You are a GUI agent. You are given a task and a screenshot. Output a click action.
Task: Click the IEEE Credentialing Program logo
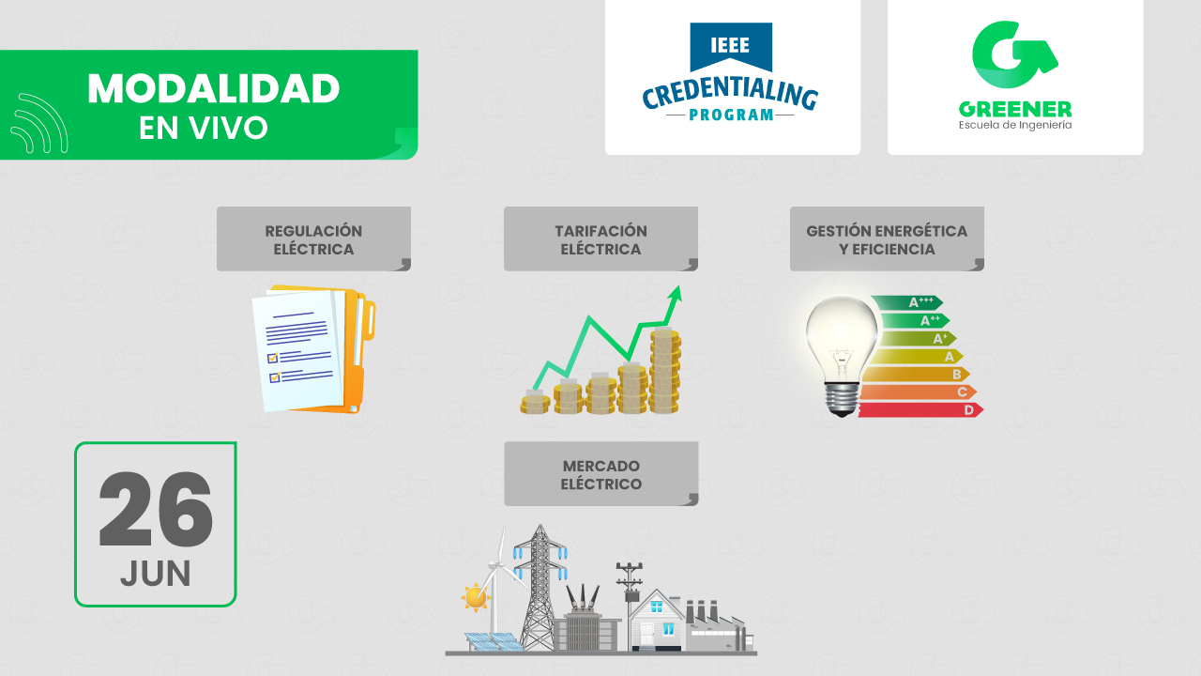pos(731,75)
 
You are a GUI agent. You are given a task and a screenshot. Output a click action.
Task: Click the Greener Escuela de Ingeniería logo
pos(1014,75)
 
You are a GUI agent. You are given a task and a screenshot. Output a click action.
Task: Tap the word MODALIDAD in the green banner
pos(213,89)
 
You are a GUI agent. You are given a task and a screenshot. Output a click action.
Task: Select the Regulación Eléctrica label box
pos(313,239)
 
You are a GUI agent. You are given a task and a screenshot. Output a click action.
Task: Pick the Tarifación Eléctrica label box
pos(600,239)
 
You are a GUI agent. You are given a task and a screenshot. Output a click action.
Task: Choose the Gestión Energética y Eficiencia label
pos(887,239)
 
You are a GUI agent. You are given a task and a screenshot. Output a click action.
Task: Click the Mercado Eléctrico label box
pos(600,474)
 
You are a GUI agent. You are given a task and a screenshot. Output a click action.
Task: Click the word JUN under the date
pos(156,574)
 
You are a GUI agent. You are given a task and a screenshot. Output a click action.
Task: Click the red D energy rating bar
pos(920,410)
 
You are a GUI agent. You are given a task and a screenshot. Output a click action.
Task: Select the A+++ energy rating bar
pos(906,302)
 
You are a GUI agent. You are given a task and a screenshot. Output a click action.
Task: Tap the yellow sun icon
pos(476,596)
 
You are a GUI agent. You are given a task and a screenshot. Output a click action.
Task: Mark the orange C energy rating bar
pos(916,392)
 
